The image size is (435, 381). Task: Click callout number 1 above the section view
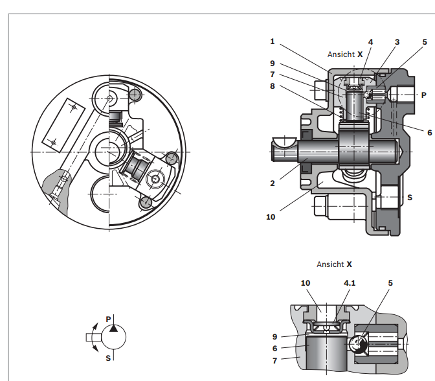tap(273, 41)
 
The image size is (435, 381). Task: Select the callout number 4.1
tap(350, 283)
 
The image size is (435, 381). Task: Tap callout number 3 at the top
tap(397, 41)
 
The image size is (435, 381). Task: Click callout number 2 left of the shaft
tap(273, 183)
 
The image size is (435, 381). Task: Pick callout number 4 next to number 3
tap(370, 41)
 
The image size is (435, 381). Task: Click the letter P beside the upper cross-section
tap(423, 95)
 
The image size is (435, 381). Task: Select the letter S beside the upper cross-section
tap(409, 197)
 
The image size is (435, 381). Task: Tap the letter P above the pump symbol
tap(108, 319)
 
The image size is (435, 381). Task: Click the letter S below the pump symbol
tap(108, 357)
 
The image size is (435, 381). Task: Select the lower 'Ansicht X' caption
tap(334, 264)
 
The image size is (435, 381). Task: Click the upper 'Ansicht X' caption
tap(345, 54)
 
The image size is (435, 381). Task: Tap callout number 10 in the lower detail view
tap(306, 283)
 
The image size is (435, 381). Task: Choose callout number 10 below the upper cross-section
tap(271, 216)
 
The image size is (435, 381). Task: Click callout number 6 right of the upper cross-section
tap(429, 132)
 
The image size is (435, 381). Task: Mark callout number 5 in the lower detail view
tap(390, 283)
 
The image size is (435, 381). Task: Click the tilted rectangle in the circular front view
tap(63, 122)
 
